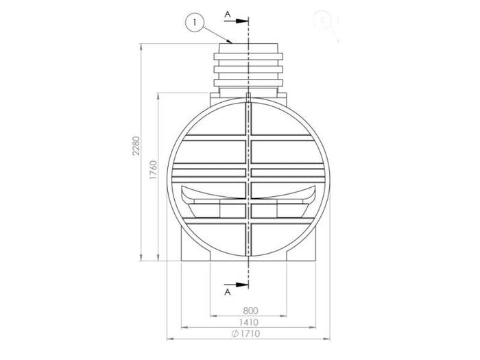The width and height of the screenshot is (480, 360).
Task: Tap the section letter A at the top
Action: (227, 13)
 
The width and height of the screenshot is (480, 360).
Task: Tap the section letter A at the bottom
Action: (227, 293)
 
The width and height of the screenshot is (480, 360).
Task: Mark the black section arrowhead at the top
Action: (242, 21)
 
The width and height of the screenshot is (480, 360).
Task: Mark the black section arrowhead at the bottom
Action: (242, 285)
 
